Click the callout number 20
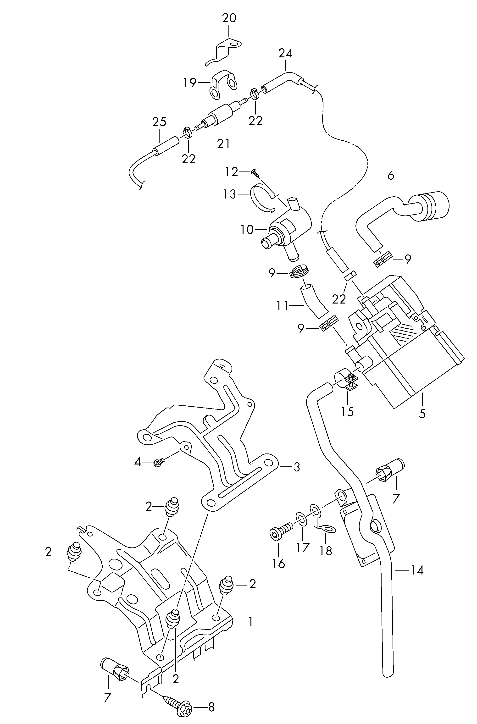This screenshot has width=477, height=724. pyautogui.click(x=229, y=19)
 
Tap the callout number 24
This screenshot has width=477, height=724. pyautogui.click(x=285, y=54)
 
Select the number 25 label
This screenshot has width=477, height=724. pyautogui.click(x=159, y=122)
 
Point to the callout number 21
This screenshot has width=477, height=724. pyautogui.click(x=224, y=144)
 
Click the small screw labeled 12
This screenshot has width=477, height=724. pyautogui.click(x=256, y=174)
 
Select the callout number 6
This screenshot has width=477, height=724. pyautogui.click(x=391, y=176)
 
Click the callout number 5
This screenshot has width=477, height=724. pyautogui.click(x=422, y=414)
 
